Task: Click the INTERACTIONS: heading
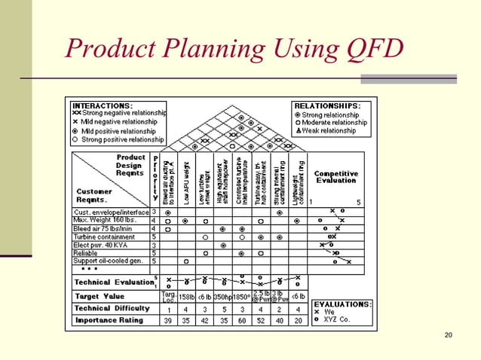coord(102,105)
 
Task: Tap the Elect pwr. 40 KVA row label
coord(101,245)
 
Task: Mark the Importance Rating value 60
coord(241,320)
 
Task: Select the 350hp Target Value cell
coord(222,297)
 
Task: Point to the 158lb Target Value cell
coord(186,297)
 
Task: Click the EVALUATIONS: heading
coord(342,304)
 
